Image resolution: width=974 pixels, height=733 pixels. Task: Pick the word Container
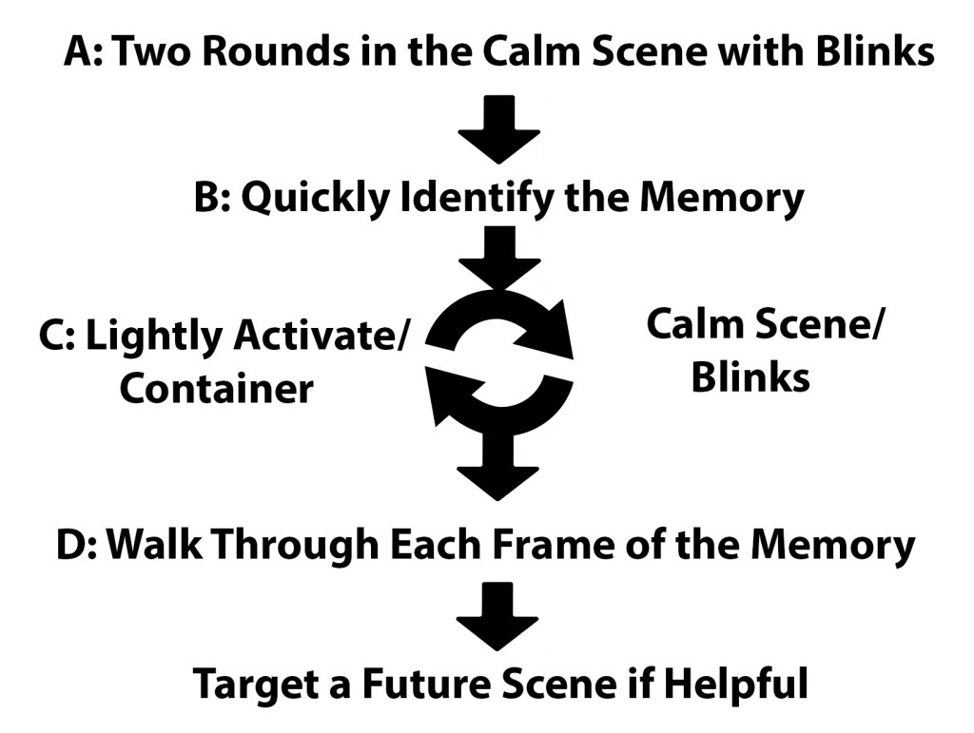coord(216,388)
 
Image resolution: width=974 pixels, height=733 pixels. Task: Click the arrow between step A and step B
coord(498,127)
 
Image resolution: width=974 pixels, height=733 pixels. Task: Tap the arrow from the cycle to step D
coord(498,466)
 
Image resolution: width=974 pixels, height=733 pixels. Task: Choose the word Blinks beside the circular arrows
coord(750,377)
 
